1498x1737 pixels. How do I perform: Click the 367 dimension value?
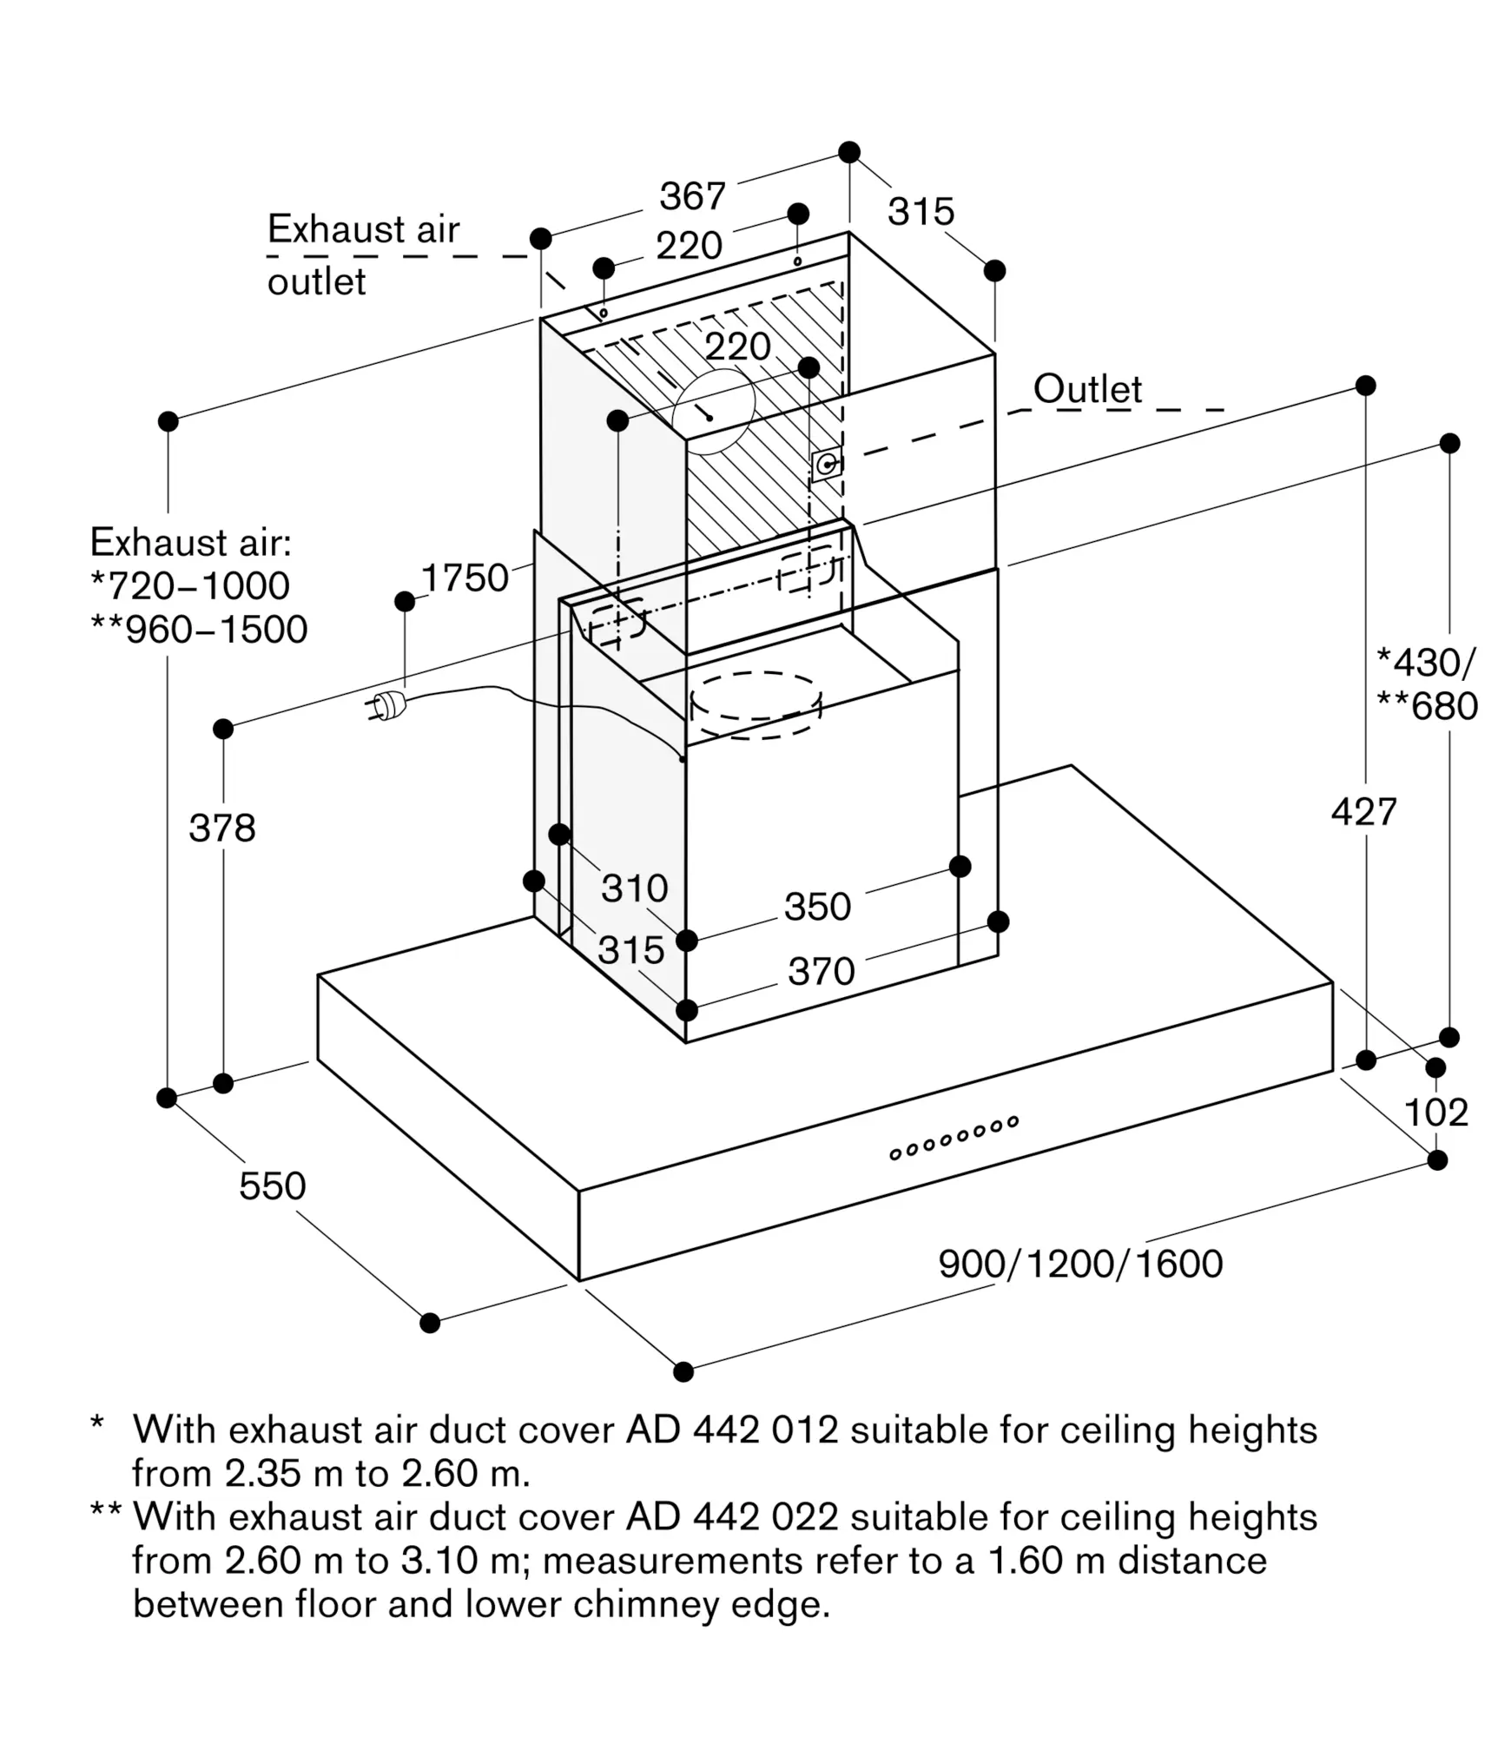692,196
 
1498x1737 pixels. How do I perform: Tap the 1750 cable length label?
465,578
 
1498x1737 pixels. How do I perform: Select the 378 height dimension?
222,828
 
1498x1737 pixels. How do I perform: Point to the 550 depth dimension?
273,1186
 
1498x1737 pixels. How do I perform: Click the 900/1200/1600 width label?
1080,1264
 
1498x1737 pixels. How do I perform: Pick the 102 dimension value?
1435,1113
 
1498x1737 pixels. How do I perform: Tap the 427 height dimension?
1364,812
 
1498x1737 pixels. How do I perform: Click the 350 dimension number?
817,907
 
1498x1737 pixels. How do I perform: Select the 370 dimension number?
822,971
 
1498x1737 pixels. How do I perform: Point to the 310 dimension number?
635,888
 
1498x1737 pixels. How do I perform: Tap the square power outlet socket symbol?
826,466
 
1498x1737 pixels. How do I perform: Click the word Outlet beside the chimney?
1087,389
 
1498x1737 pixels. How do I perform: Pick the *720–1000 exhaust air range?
190,586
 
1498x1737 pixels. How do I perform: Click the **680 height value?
1427,706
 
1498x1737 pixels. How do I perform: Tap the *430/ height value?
1425,663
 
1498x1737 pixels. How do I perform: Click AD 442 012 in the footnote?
732,1430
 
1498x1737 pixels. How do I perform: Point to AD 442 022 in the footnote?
732,1517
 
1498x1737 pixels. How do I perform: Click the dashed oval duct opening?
756,704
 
